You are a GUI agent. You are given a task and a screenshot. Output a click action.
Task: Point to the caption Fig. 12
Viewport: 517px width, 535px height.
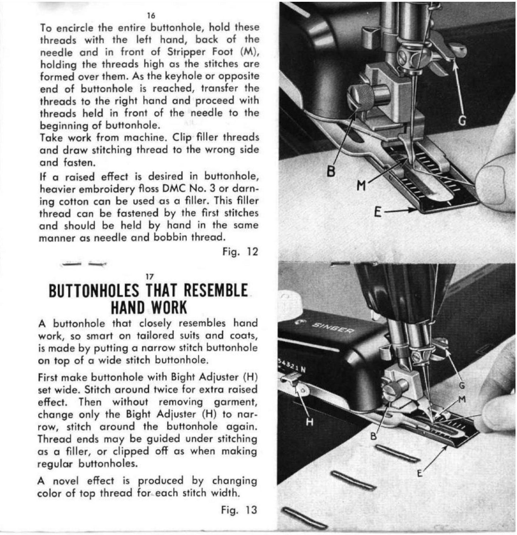(240, 252)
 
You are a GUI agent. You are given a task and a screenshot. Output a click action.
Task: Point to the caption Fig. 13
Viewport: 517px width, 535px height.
(239, 510)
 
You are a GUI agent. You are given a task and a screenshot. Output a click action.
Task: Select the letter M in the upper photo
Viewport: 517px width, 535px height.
(361, 186)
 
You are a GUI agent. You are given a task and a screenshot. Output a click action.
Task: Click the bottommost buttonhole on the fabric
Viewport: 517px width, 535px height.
(304, 520)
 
